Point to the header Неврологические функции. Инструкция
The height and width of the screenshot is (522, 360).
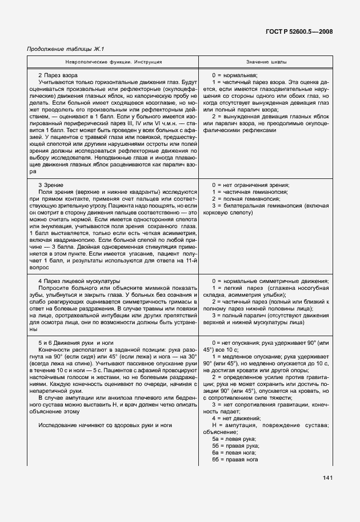(113, 61)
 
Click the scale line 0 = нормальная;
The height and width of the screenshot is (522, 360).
(234, 75)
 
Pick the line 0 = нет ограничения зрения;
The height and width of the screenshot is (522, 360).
(250, 185)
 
